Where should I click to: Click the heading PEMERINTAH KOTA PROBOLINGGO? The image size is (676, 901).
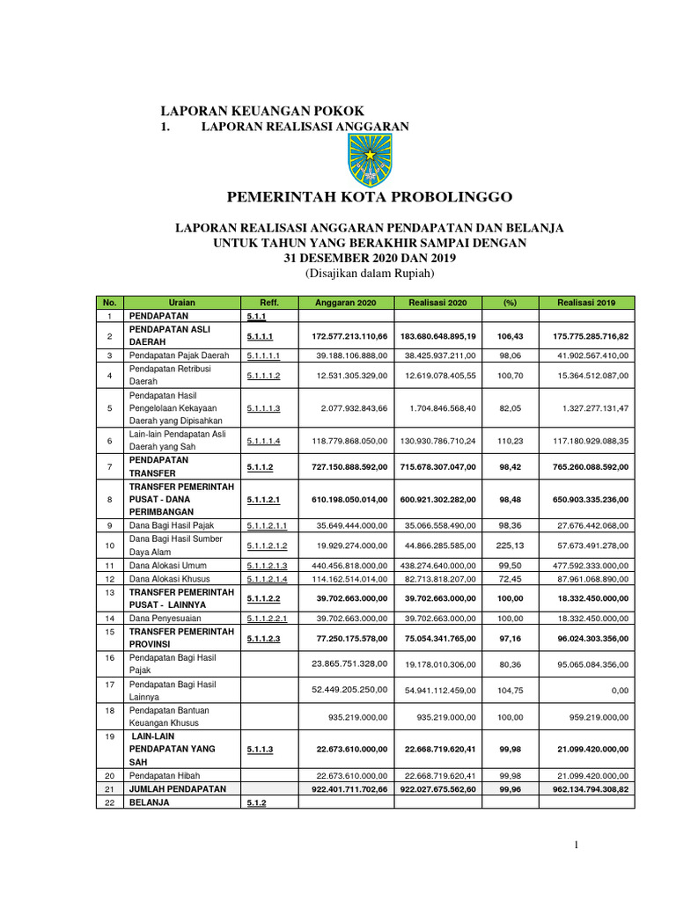[369, 196]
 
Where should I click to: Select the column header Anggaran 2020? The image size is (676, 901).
[344, 303]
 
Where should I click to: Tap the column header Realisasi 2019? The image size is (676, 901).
[586, 303]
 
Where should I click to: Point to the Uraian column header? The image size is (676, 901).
[181, 303]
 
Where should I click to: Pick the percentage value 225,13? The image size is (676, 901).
[510, 545]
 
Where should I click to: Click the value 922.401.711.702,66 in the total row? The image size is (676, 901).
[344, 789]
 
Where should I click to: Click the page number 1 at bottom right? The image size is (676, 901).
[576, 846]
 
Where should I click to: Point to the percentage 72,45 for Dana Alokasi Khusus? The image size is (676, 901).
[510, 578]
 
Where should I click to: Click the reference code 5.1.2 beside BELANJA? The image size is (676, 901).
[256, 802]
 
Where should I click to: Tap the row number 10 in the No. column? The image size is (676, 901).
[109, 545]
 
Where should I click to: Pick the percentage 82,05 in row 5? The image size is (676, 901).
[510, 408]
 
